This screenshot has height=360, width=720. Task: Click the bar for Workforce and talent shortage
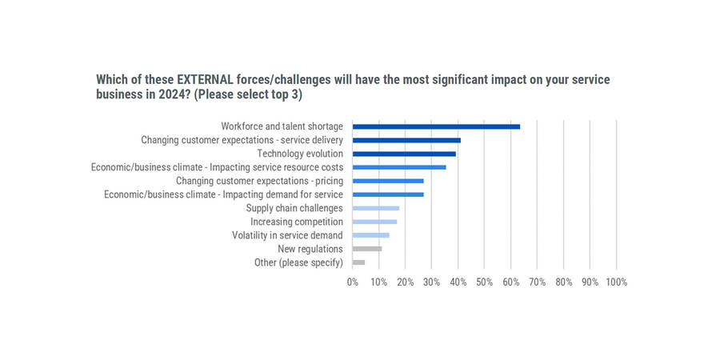coord(436,126)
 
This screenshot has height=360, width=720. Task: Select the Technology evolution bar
coord(404,154)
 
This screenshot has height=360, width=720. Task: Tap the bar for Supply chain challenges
coord(376,208)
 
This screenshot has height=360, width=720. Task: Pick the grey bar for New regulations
coord(367,249)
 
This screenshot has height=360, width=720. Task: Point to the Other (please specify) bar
coord(358,262)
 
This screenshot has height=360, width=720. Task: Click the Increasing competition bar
coord(374,222)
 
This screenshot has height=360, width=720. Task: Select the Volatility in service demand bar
coord(371,235)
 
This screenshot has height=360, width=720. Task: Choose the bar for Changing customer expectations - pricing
coord(388,181)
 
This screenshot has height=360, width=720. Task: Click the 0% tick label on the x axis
coord(353,282)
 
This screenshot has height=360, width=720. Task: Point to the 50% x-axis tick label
coord(484,282)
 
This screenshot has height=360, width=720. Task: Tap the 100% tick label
coord(616,282)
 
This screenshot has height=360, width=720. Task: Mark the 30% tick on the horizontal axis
coord(432,282)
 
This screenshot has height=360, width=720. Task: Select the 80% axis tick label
coord(563,282)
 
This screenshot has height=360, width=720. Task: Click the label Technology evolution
coord(300,154)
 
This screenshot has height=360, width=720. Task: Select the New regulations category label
coord(310,249)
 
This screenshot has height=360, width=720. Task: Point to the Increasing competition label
coord(297,222)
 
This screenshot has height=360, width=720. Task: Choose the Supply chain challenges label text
coord(294,208)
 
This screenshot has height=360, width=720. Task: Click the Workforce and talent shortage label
coord(282,126)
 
